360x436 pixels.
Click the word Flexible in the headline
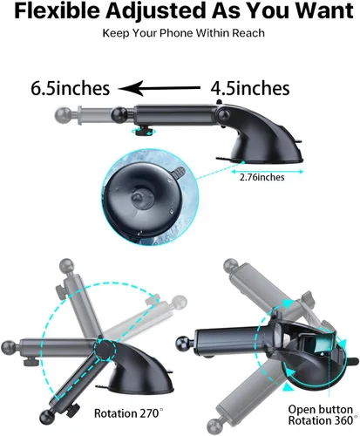tap(57, 11)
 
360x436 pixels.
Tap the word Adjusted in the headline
tap(156, 11)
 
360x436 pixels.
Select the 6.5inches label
tap(71, 88)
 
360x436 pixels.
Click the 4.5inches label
tap(250, 88)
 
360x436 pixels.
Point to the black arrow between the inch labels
tap(160, 88)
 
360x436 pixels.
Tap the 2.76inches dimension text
tap(262, 177)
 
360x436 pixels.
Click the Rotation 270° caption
tap(128, 413)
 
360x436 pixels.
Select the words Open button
tap(321, 410)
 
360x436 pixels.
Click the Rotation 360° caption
tap(323, 420)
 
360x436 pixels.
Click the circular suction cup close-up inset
tap(150, 197)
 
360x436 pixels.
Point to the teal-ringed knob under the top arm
tap(143, 132)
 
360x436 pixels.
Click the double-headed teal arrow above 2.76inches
tap(267, 172)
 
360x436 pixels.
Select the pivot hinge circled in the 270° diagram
tap(104, 350)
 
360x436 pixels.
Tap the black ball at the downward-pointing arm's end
tap(47, 417)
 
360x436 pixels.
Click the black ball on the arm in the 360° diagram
tap(184, 344)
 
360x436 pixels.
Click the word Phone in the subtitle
tap(176, 33)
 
